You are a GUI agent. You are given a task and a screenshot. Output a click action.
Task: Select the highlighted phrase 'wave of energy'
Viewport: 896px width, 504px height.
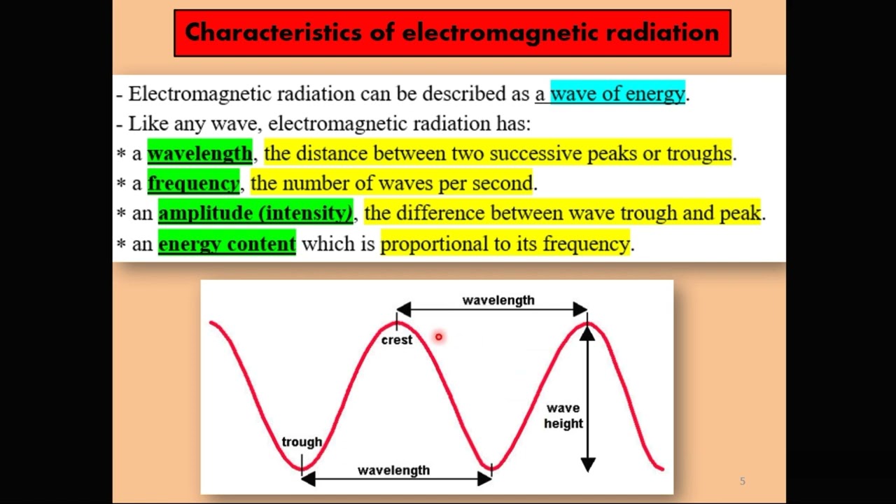617,94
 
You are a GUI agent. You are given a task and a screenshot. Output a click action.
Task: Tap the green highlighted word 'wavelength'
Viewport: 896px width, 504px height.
199,153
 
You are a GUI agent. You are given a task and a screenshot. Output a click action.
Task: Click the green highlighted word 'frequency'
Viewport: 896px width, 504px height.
193,183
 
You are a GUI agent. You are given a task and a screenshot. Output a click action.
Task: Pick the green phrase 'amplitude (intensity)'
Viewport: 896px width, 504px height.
255,213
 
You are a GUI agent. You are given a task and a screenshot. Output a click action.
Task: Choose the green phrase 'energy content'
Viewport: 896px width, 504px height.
227,244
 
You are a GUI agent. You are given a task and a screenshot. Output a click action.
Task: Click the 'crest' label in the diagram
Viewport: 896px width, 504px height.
397,340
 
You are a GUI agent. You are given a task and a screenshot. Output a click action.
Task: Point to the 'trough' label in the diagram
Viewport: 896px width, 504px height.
302,442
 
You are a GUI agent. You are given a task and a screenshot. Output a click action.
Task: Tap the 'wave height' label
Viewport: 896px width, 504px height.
563,416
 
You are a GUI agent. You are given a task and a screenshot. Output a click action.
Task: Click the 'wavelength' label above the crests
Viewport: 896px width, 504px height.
498,300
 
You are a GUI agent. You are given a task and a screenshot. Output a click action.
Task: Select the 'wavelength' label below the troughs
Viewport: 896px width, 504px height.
393,470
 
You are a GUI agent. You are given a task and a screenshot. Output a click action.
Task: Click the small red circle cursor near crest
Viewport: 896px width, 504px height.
438,337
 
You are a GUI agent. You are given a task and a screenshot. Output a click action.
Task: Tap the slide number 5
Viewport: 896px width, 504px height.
743,481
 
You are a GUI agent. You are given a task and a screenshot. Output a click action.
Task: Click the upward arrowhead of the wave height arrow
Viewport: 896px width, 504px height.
587,334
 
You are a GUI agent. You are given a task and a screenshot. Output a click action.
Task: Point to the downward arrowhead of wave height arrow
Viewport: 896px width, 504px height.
587,463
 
